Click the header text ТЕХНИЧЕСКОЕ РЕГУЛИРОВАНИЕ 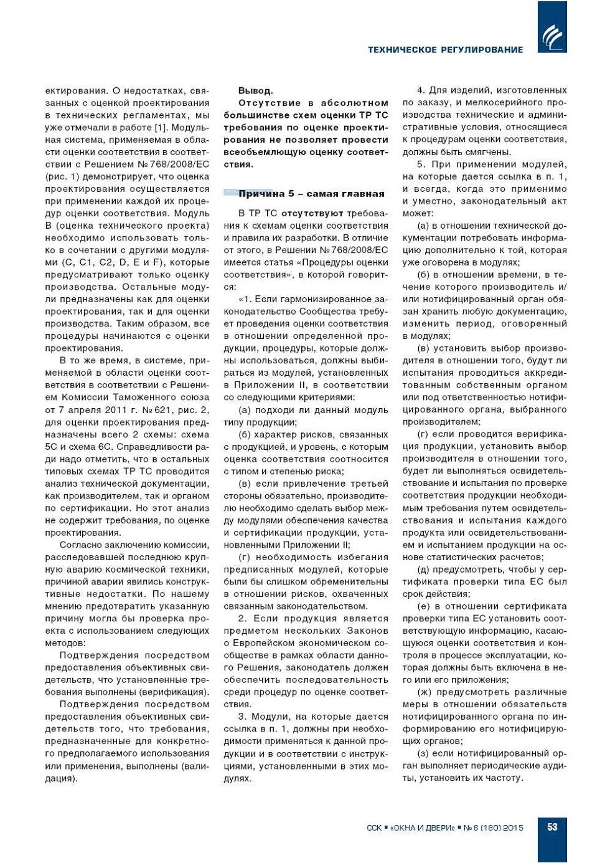[x=445, y=50]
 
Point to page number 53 [x=552, y=827]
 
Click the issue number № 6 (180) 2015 [x=494, y=828]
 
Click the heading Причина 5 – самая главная [x=311, y=194]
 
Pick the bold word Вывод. [x=255, y=91]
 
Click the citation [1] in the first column [x=161, y=128]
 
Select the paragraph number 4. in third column [x=421, y=91]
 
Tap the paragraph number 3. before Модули [x=242, y=717]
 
